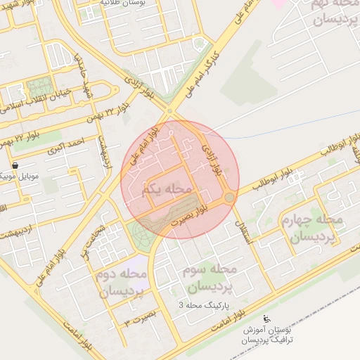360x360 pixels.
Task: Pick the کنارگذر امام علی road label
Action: click(204, 67)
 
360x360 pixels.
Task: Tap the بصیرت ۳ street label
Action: click(141, 320)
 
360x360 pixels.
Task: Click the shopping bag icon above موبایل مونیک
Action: click(15, 165)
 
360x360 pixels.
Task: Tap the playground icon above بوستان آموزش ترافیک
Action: click(266, 319)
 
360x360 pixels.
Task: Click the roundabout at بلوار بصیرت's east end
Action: click(230, 198)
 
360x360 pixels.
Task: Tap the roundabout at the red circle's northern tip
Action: click(169, 111)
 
